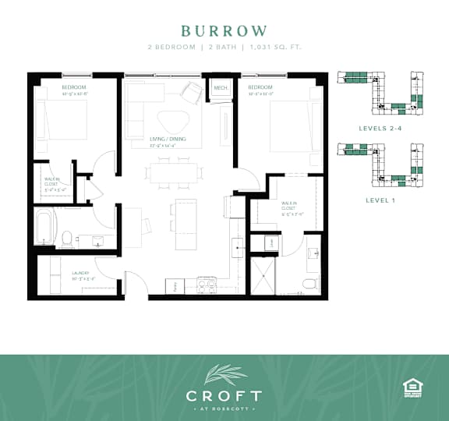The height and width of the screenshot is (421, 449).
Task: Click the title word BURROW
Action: (224, 31)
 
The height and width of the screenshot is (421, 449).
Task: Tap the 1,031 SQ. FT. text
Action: (274, 48)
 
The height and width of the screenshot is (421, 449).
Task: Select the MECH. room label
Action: (220, 88)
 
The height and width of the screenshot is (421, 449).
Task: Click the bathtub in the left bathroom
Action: (44, 227)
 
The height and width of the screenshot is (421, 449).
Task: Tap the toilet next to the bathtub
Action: (68, 235)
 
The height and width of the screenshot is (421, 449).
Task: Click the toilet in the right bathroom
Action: (309, 281)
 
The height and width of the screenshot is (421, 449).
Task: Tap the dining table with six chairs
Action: (173, 173)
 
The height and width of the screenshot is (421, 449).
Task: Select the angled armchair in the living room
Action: (192, 92)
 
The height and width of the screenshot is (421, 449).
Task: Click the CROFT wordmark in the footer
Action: (224, 396)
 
